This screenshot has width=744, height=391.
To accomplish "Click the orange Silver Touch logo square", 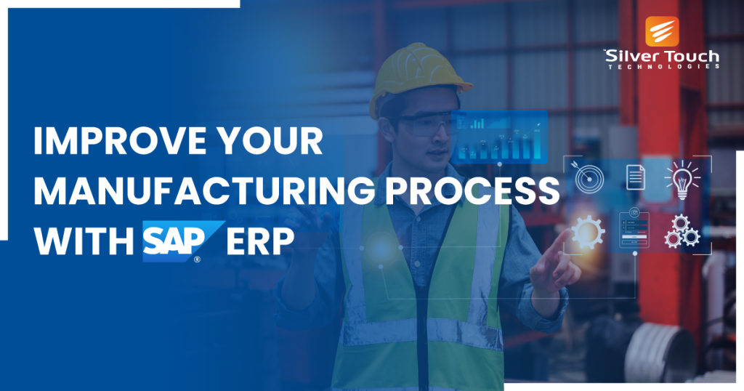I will click(662, 32).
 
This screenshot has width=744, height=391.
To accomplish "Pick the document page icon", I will click(635, 176).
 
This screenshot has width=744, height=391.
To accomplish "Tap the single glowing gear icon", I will click(588, 232).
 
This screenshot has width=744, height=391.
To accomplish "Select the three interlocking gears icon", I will click(682, 230).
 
